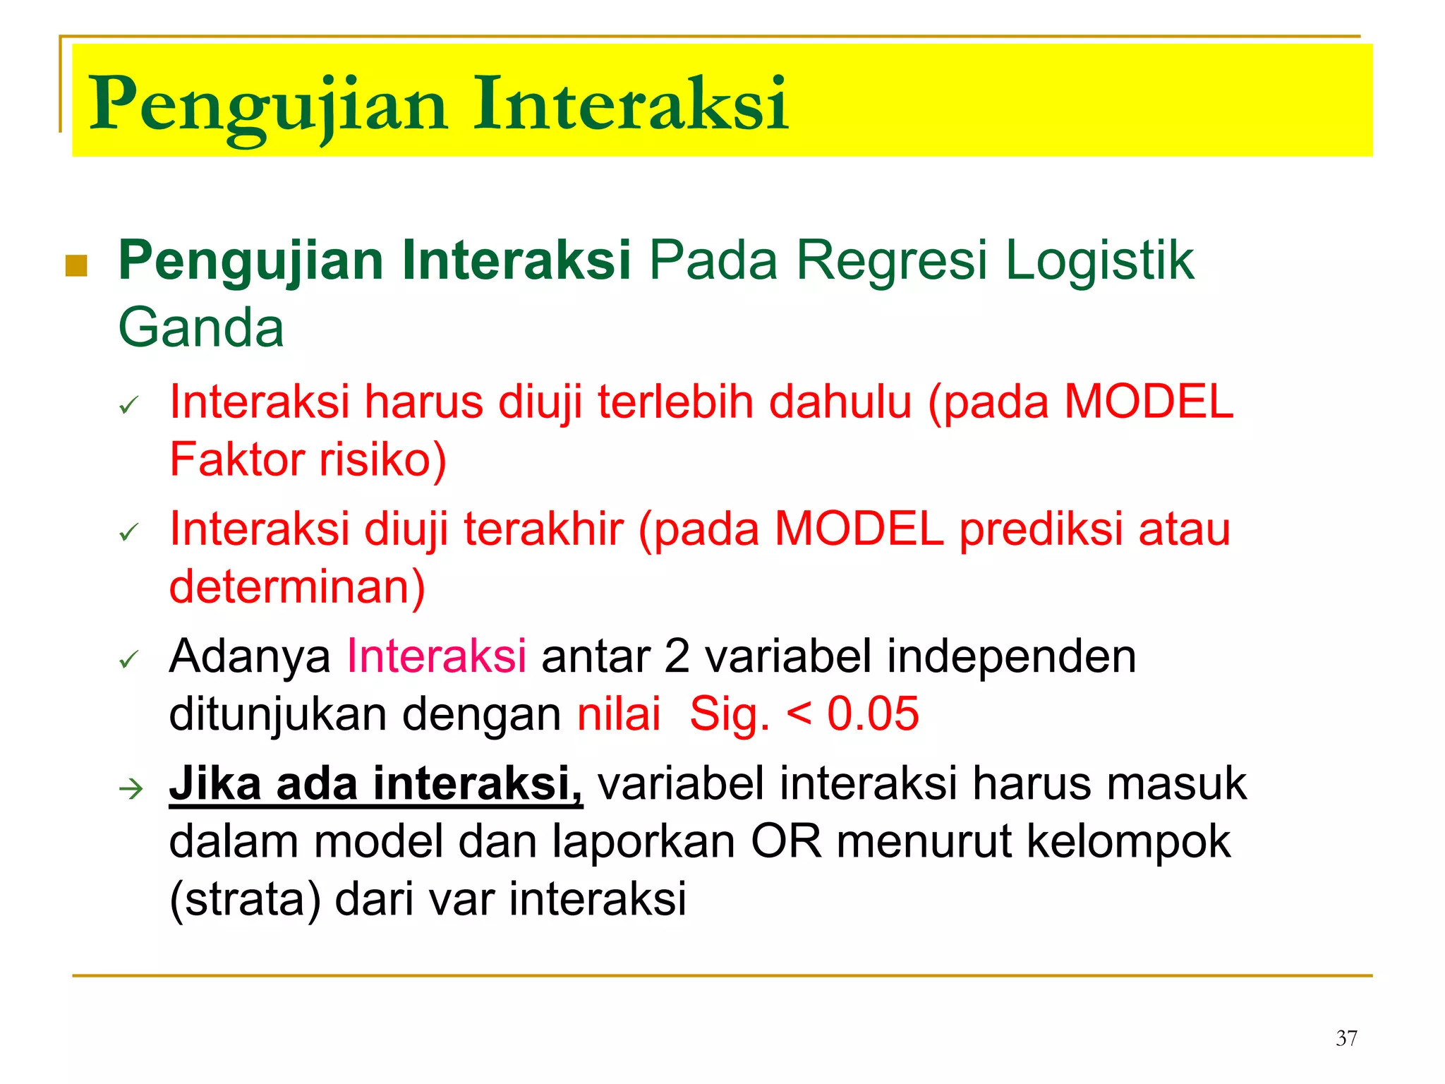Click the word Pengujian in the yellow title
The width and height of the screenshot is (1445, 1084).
click(268, 106)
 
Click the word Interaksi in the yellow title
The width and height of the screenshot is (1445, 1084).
click(630, 104)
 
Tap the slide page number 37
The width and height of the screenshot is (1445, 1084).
click(1346, 1038)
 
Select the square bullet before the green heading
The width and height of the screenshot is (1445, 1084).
click(76, 266)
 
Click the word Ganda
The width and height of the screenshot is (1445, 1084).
click(201, 328)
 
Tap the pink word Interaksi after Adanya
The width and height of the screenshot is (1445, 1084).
click(436, 656)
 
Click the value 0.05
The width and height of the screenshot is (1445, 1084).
click(873, 713)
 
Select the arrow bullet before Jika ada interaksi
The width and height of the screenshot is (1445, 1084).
click(131, 788)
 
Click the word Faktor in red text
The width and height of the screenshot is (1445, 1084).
click(237, 460)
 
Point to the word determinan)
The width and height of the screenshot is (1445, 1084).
click(297, 587)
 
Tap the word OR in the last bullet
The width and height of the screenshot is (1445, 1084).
click(786, 842)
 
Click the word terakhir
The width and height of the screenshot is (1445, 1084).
click(543, 529)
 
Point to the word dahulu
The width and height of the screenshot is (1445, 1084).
click(840, 402)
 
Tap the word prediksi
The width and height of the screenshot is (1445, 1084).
click(1041, 529)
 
